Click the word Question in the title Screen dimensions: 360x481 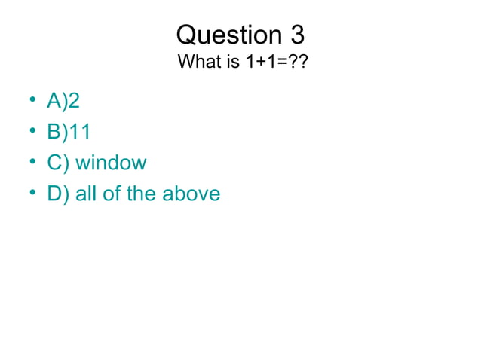(x=227, y=35)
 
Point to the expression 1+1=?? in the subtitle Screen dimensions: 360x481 (x=276, y=61)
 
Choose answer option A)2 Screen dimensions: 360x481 (x=63, y=102)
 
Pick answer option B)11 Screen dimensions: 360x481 (x=69, y=132)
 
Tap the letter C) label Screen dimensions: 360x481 (x=58, y=163)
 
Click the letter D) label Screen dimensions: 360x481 (x=58, y=194)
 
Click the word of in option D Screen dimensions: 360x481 (x=112, y=194)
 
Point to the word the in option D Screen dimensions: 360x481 (x=141, y=194)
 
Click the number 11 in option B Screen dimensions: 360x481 (x=81, y=132)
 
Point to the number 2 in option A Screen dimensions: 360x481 (x=74, y=102)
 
